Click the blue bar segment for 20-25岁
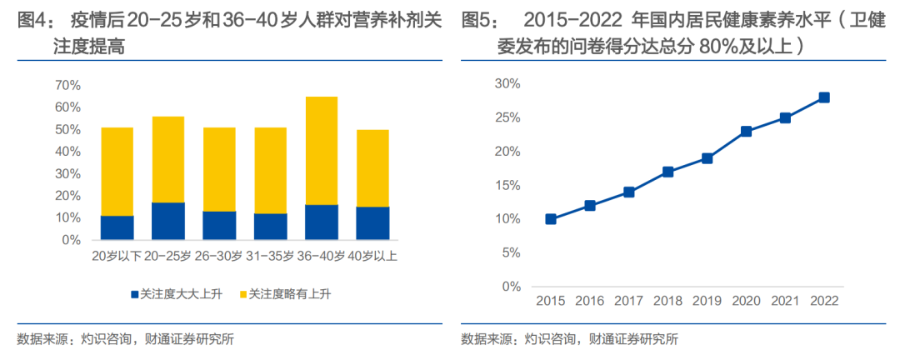tap(168, 221)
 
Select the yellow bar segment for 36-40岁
tap(322, 151)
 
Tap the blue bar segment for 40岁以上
tap(372, 223)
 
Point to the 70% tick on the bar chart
tap(67, 85)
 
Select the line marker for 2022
tap(824, 97)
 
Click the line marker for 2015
tap(551, 219)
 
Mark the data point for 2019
tap(707, 158)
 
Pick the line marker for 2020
tap(746, 132)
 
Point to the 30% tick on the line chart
tap(507, 83)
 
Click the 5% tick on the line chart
tap(511, 252)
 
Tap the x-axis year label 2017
tap(629, 300)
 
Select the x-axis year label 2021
tap(785, 300)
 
